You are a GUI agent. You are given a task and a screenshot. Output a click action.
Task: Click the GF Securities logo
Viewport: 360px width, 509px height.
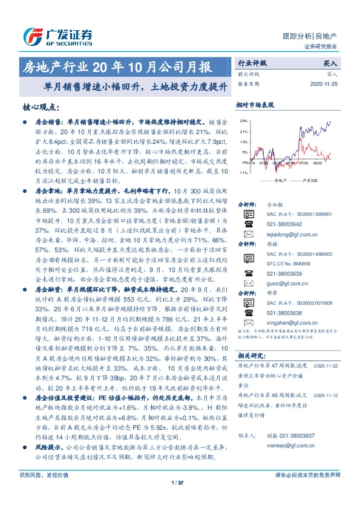[x=58, y=34]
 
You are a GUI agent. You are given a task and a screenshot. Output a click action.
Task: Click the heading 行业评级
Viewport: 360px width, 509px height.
[x=250, y=63]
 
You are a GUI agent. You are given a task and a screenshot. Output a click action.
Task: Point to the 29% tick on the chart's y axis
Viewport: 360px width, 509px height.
[x=243, y=122]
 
